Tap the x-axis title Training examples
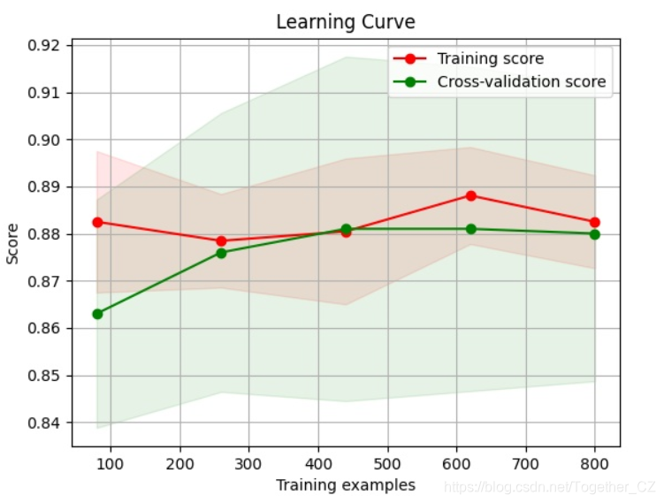[x=345, y=484]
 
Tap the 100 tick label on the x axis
[x=111, y=462]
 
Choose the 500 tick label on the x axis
[x=387, y=462]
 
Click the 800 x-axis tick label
[x=594, y=462]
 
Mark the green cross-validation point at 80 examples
[x=97, y=314]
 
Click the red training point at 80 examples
[x=97, y=222]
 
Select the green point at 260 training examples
[x=221, y=253]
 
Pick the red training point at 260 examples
[x=221, y=240]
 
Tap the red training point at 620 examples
[x=470, y=195]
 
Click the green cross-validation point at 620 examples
[x=470, y=229]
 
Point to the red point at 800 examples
[x=594, y=222]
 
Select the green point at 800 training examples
[x=594, y=234]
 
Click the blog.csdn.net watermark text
[x=548, y=487]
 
